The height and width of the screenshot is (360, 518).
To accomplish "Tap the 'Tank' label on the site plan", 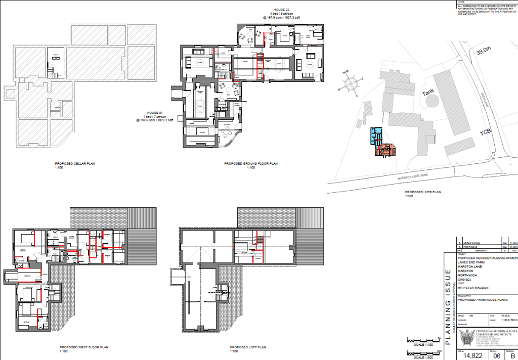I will coord(428,94).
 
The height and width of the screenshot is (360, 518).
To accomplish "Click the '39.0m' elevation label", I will coord(483,51).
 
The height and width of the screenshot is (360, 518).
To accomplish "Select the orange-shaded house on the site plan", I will coord(385,150).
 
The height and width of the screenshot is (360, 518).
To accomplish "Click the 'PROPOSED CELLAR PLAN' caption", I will coord(75,164).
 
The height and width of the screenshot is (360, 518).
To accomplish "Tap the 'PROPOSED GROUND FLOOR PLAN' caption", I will coord(251,164).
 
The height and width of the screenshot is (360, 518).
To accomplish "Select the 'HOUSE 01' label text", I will coord(154,113).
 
